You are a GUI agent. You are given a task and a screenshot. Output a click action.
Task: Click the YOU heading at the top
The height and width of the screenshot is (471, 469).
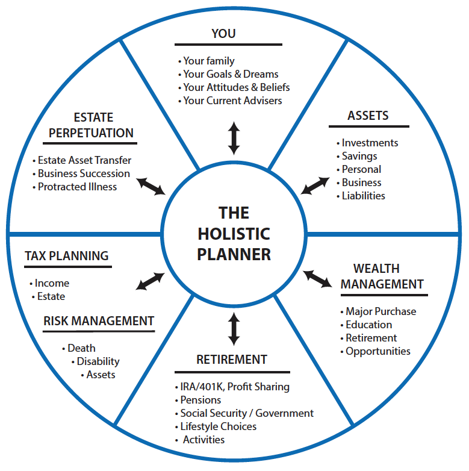[223, 34]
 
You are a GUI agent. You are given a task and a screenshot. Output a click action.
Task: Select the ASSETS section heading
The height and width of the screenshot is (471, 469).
[368, 116]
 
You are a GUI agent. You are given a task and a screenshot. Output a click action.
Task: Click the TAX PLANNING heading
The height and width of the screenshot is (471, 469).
[66, 255]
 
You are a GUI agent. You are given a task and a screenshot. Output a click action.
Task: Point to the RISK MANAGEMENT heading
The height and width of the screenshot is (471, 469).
[99, 321]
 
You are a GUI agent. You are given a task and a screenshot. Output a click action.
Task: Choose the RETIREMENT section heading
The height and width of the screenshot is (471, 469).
[232, 360]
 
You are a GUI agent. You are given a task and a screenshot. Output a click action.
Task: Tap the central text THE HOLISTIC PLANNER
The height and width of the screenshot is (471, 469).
[234, 233]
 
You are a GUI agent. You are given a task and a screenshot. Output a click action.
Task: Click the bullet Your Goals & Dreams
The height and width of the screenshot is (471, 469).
[231, 74]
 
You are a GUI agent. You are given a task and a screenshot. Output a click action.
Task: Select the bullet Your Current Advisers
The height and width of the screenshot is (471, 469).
[232, 101]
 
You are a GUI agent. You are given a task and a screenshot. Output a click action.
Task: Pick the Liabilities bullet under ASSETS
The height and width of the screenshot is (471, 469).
[363, 196]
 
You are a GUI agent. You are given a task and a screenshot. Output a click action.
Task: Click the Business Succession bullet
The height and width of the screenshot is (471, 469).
[84, 173]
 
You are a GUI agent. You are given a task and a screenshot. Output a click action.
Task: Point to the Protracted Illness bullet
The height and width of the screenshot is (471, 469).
[77, 187]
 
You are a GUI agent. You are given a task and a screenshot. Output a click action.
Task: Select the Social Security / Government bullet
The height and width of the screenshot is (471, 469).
[247, 413]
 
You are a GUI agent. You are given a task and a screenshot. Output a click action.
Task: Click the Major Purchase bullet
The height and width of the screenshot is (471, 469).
[380, 311]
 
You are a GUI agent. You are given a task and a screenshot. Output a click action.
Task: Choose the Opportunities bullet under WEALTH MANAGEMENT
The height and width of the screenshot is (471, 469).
[377, 351]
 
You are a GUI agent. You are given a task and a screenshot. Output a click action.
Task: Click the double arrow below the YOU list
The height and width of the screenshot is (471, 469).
[234, 138]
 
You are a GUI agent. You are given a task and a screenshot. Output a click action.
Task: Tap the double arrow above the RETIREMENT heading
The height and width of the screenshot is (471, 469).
[234, 329]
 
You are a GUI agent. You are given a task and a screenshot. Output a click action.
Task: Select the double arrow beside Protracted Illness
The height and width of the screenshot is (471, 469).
[151, 186]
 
